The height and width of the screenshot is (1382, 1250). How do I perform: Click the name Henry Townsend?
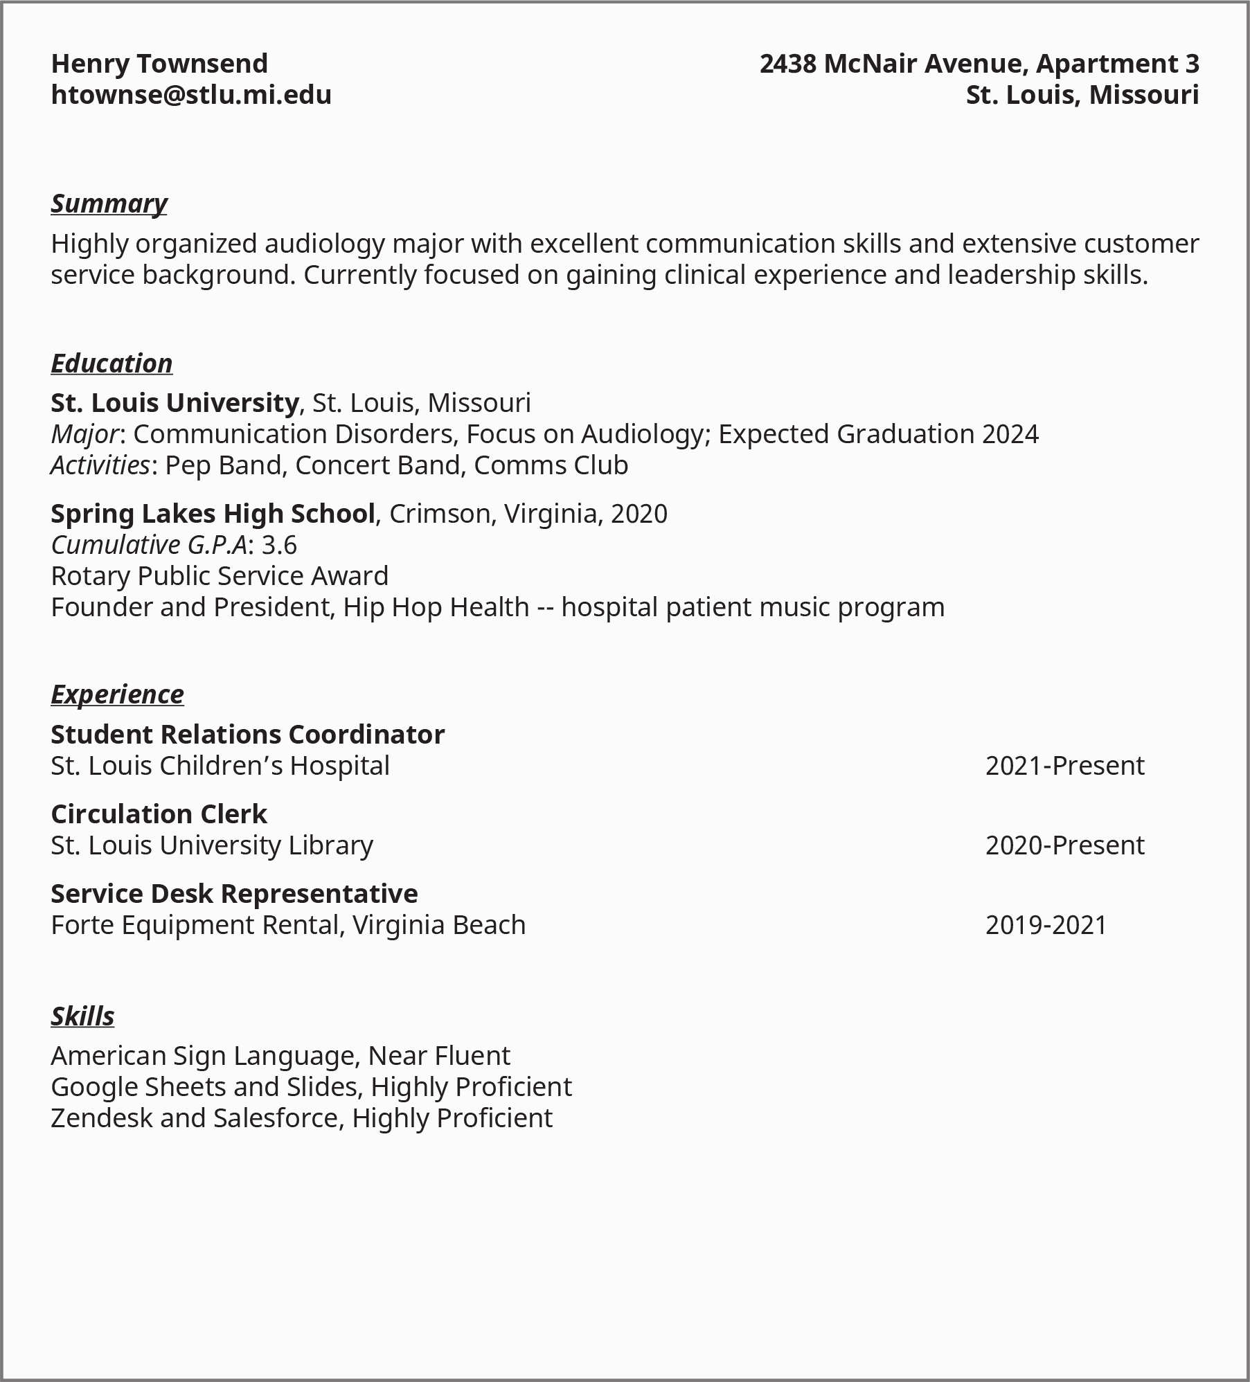pyautogui.click(x=159, y=64)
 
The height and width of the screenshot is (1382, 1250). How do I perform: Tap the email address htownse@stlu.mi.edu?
pyautogui.click(x=191, y=95)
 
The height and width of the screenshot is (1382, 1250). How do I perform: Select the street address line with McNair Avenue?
pyautogui.click(x=979, y=64)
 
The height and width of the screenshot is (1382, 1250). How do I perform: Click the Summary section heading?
pyautogui.click(x=109, y=204)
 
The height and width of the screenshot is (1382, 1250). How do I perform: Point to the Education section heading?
pyautogui.click(x=111, y=364)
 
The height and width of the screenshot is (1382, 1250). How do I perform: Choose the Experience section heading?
pyautogui.click(x=117, y=694)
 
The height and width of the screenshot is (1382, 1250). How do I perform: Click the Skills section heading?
pyautogui.click(x=82, y=1016)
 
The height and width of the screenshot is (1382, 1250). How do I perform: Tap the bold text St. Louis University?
pyautogui.click(x=175, y=403)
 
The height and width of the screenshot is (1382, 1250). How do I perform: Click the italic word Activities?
pyautogui.click(x=100, y=465)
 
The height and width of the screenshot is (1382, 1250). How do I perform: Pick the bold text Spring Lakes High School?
pyautogui.click(x=213, y=514)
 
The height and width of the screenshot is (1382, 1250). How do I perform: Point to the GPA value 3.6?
pyautogui.click(x=279, y=545)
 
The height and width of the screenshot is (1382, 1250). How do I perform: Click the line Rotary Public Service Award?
pyautogui.click(x=220, y=576)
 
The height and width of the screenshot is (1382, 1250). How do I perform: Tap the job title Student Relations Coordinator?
pyautogui.click(x=247, y=735)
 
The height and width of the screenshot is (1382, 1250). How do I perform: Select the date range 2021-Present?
pyautogui.click(x=1064, y=766)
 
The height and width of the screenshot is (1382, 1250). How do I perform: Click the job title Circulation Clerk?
pyautogui.click(x=159, y=814)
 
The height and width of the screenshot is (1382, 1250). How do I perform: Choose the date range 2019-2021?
pyautogui.click(x=1046, y=925)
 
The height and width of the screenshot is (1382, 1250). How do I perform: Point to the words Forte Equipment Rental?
pyautogui.click(x=197, y=925)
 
